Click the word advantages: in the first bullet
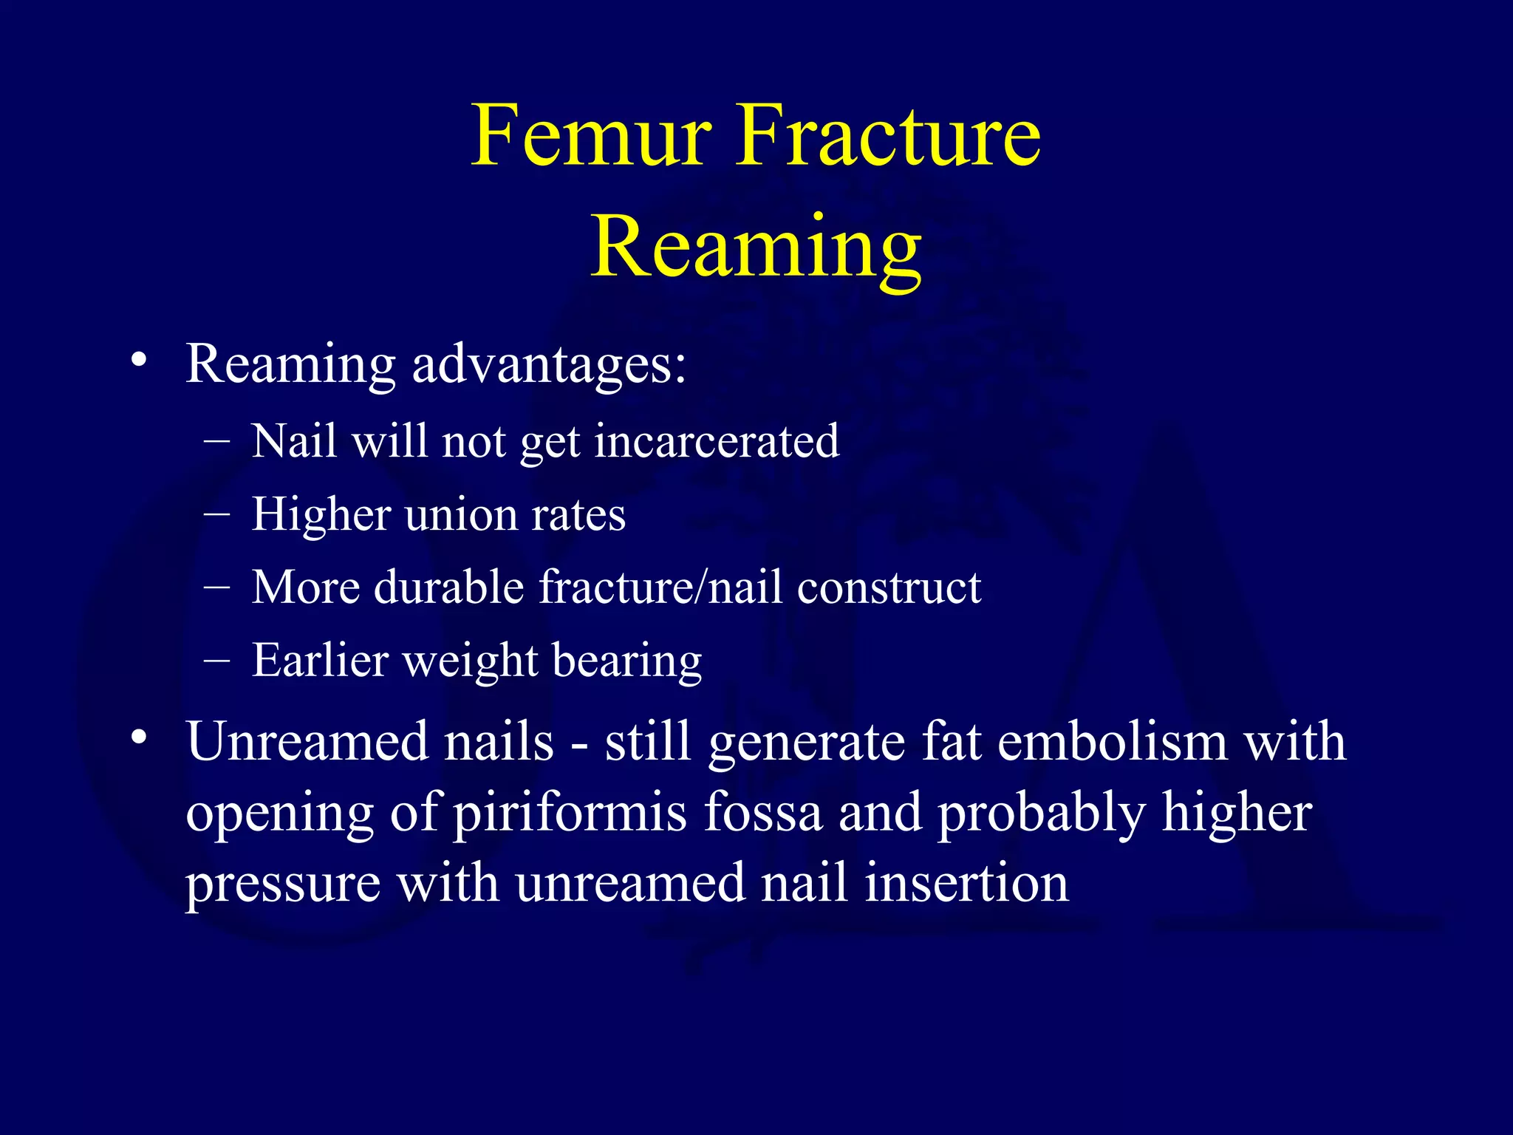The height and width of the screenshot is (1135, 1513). tap(549, 364)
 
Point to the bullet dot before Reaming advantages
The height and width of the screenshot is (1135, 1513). tap(138, 361)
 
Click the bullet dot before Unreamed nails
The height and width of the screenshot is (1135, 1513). tap(138, 737)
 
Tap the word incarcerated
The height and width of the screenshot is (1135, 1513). tap(717, 442)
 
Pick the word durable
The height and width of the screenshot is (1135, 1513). tap(449, 587)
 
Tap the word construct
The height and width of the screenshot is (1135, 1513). tap(889, 587)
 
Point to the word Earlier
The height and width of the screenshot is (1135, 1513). tap(320, 660)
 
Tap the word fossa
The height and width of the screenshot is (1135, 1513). tap(763, 812)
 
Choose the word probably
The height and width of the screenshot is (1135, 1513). tap(1042, 814)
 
